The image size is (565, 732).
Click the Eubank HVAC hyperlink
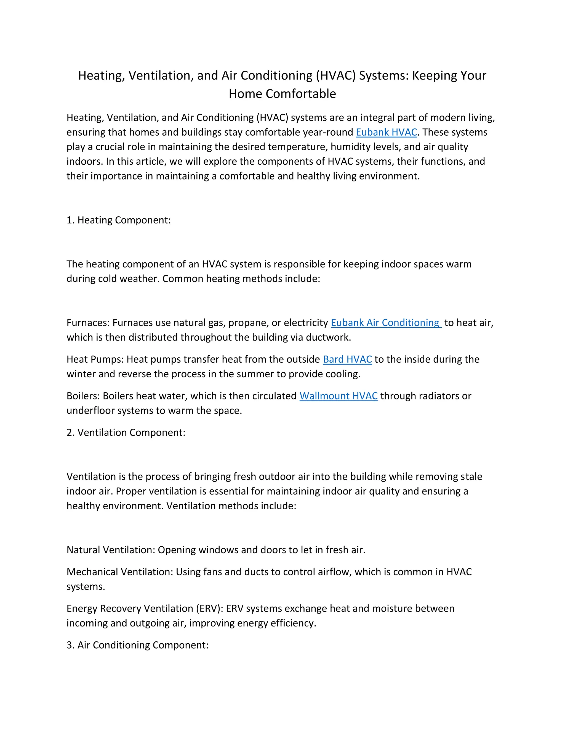click(x=386, y=132)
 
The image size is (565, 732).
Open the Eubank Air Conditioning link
click(x=386, y=323)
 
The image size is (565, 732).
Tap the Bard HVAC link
click(x=347, y=359)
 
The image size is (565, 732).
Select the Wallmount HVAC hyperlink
click(x=339, y=396)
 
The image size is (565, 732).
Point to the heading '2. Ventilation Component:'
click(x=126, y=433)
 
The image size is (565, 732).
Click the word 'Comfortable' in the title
click(x=301, y=94)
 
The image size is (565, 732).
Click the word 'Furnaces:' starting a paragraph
click(x=88, y=323)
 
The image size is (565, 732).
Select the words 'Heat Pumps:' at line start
click(x=95, y=359)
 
